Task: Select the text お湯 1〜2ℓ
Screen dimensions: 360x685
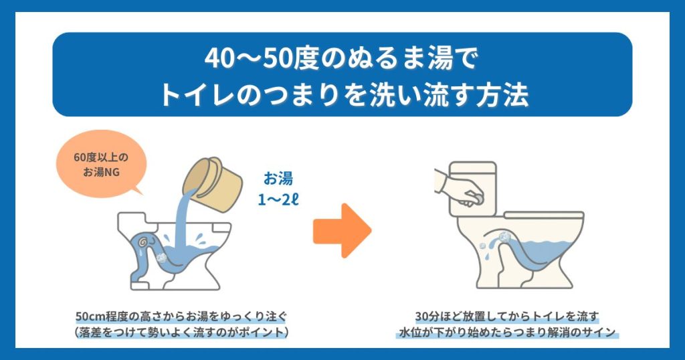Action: [277, 190]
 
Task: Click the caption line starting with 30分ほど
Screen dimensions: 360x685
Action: [506, 315]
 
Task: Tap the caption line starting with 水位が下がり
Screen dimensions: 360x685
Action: [506, 332]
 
